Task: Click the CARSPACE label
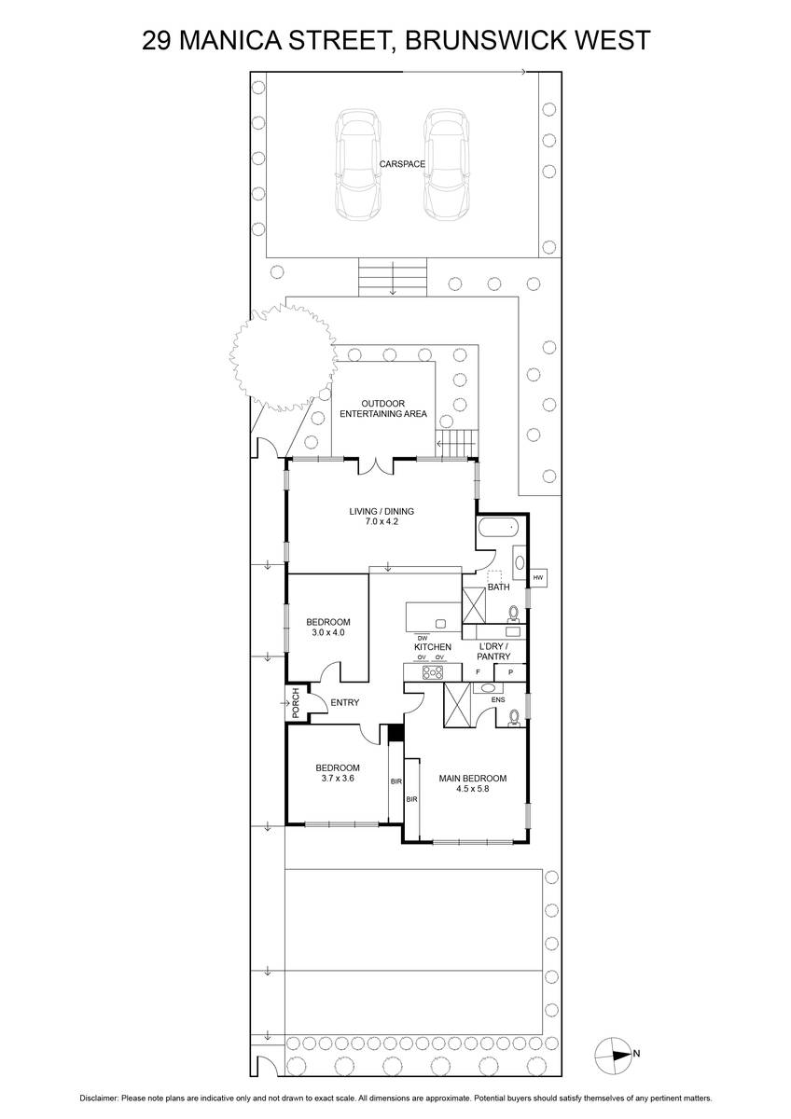pos(402,164)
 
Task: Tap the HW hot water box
pos(537,577)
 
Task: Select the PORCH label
pos(296,703)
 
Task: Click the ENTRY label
pos(345,702)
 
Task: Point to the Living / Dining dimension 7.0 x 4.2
pos(382,521)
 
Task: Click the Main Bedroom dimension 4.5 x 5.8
pos(472,788)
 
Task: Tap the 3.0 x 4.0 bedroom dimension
pos(327,632)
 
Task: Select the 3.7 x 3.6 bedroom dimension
pos(338,779)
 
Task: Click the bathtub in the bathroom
pos(498,527)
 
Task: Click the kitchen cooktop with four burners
pos(433,672)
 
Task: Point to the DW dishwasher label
pos(423,638)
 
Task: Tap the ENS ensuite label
pos(498,700)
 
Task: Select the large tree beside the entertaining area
pos(283,358)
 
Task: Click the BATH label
pos(498,587)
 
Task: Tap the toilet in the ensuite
pos(514,718)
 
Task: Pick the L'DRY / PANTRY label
pos(493,652)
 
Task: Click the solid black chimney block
pos(396,733)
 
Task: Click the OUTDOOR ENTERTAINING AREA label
pos(383,408)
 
